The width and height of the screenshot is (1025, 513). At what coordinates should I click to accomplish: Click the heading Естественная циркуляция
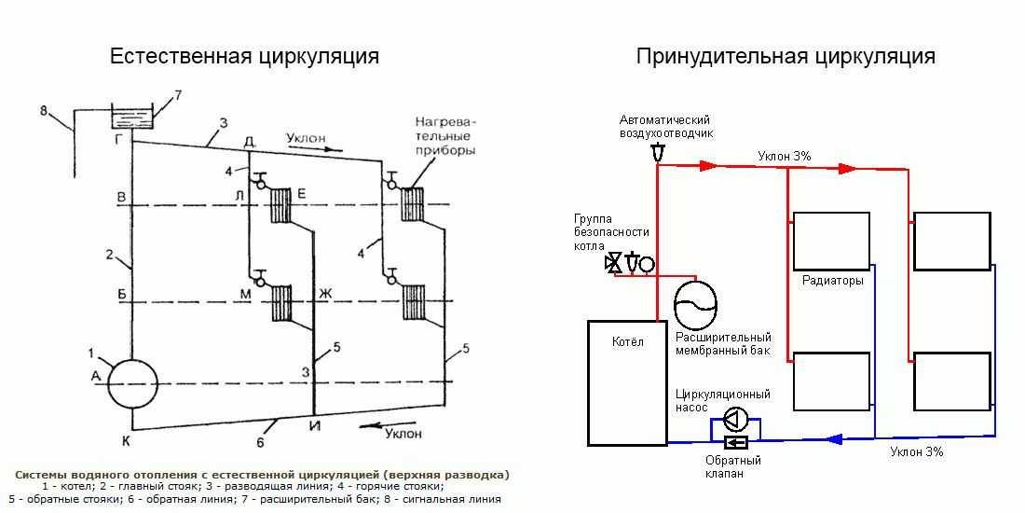[x=244, y=56]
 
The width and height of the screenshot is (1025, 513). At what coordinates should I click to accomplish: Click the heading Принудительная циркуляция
[x=786, y=56]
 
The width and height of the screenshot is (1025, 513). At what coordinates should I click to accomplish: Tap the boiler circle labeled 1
[x=133, y=383]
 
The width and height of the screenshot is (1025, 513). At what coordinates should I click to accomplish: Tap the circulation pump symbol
[x=737, y=417]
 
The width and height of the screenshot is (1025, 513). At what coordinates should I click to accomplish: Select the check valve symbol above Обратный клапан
[x=736, y=442]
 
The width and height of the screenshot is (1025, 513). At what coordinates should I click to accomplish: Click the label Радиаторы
[x=832, y=280]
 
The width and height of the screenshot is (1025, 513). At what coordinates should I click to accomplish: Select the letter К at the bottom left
[x=125, y=437]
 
